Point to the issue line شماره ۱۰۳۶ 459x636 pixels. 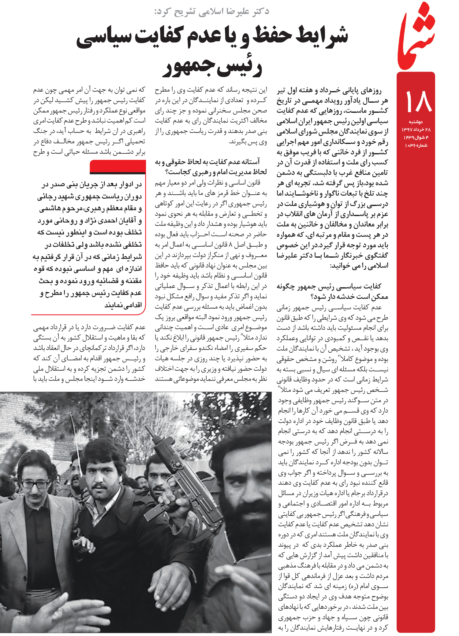coord(416,145)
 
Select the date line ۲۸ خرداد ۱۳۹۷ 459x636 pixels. coord(416,130)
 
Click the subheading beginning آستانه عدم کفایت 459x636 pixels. coord(211,167)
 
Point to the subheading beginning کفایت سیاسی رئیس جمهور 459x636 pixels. coord(332,291)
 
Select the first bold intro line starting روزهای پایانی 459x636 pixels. coord(329,91)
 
